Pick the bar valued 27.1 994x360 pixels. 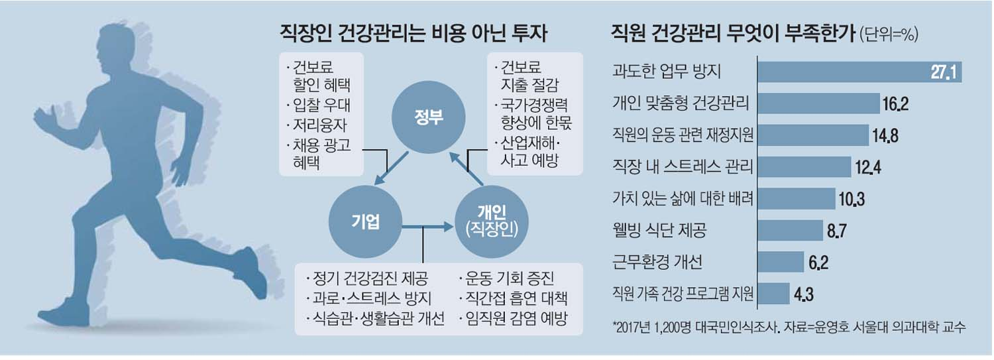click(x=859, y=73)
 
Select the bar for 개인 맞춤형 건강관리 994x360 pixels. click(x=818, y=103)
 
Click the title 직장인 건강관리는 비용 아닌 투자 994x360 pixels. click(x=415, y=34)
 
